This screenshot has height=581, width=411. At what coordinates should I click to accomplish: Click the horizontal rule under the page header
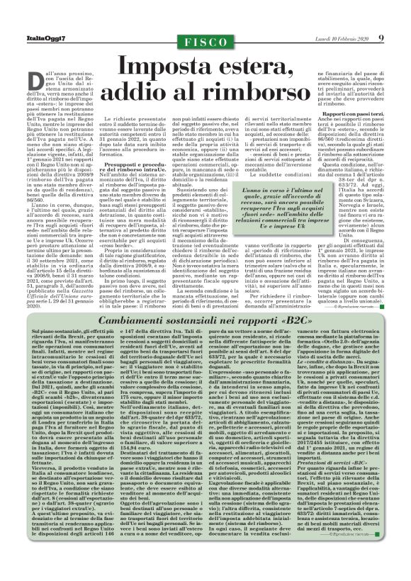point(205,48)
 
